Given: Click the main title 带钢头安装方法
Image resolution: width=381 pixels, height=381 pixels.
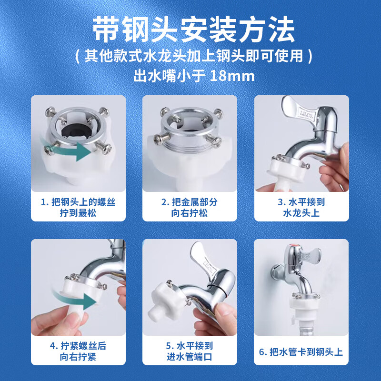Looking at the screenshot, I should (x=190, y=30).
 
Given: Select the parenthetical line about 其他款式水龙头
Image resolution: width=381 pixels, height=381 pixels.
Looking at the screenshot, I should (x=190, y=56).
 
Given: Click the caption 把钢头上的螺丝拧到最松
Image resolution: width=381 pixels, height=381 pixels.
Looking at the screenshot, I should (x=78, y=207).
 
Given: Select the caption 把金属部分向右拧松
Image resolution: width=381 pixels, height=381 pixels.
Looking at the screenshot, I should (x=190, y=207).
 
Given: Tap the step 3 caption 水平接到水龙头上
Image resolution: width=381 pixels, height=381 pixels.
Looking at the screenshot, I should (x=301, y=207).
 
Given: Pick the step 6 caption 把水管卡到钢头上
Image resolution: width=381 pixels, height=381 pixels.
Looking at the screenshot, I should (x=301, y=352).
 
